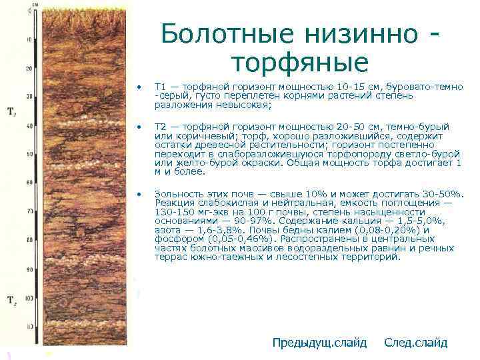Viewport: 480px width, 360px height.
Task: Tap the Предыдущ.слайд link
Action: [319, 343]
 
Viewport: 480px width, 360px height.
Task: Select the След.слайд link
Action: [416, 343]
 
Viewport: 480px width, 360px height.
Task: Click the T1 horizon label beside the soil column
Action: [11, 111]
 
